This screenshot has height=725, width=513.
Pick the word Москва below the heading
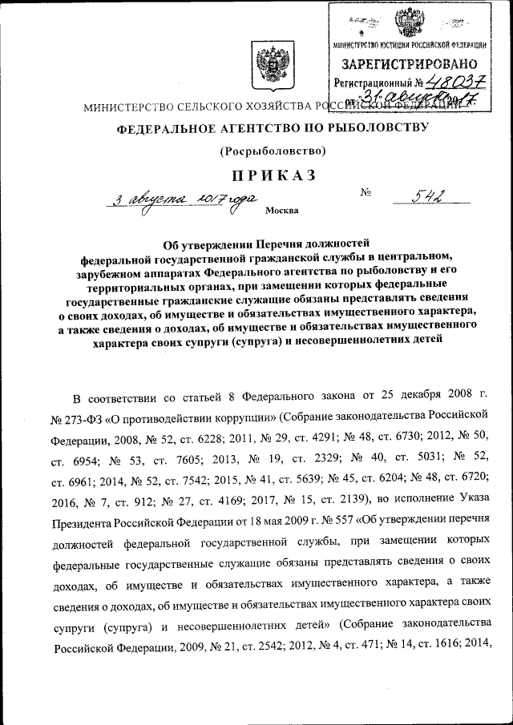[281, 211]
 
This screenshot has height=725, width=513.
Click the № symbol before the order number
[368, 192]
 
